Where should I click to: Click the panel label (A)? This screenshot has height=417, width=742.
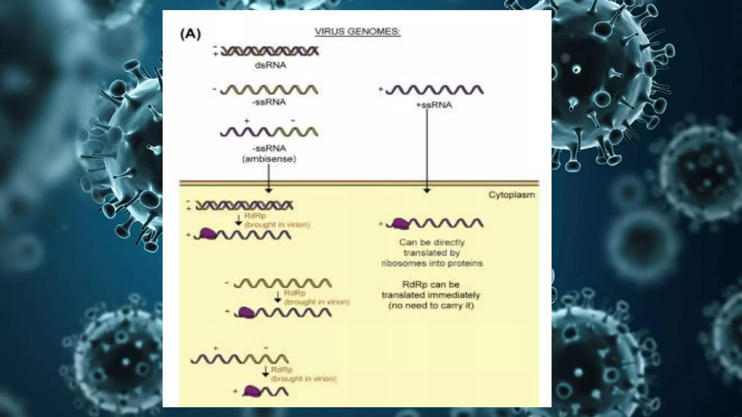click(x=190, y=34)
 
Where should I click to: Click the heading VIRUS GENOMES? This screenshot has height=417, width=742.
click(x=357, y=32)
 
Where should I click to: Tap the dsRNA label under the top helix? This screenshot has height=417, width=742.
click(x=270, y=65)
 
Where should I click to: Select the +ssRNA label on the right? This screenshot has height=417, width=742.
click(x=434, y=105)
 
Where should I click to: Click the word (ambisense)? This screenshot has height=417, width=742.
click(x=269, y=159)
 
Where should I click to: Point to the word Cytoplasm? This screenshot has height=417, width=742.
click(x=512, y=195)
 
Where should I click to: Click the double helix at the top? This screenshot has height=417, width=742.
click(x=270, y=51)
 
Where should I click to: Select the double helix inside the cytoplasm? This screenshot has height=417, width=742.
click(x=244, y=206)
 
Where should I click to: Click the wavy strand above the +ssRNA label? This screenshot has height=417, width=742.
click(x=434, y=90)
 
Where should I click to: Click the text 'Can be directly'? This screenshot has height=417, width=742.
click(x=432, y=242)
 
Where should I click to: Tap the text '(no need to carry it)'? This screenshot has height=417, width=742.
click(x=431, y=306)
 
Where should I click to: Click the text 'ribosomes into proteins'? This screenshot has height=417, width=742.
click(x=432, y=263)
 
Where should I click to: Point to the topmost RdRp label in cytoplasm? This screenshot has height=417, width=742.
click(x=255, y=216)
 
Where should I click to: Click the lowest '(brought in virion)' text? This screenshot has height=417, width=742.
click(x=304, y=379)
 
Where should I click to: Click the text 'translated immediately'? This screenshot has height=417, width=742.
click(x=430, y=295)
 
